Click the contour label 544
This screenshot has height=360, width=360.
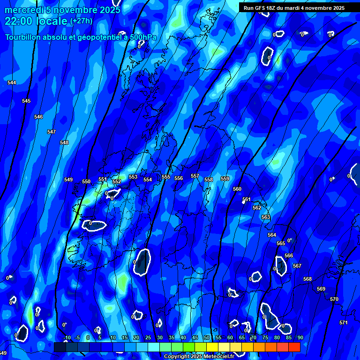(x=12, y=82)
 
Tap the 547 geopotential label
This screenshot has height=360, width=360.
(x=52, y=132)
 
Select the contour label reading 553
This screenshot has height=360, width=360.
(x=133, y=177)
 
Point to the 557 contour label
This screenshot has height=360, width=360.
(x=195, y=176)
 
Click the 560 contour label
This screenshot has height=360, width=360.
(x=237, y=189)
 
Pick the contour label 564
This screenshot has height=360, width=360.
(x=272, y=235)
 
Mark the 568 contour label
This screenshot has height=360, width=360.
(x=307, y=279)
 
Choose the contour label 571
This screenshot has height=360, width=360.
(x=344, y=322)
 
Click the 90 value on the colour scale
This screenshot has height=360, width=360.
(x=300, y=337)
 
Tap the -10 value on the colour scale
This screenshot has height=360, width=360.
(x=67, y=337)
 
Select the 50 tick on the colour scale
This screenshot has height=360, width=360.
(x=207, y=337)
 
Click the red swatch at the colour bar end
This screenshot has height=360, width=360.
(x=294, y=347)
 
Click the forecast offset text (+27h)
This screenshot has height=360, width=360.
(x=81, y=21)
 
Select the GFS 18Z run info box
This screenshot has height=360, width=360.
(x=294, y=8)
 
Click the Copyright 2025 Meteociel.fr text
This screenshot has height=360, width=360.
(x=199, y=357)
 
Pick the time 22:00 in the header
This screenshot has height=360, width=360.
(x=20, y=21)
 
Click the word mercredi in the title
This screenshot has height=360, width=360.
(x=22, y=10)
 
